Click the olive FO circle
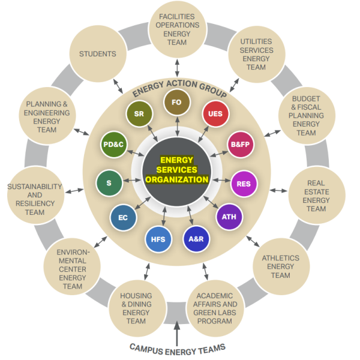click(x=177, y=103)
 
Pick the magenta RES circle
click(x=244, y=184)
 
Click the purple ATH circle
click(x=229, y=217)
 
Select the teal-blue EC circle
click(x=124, y=218)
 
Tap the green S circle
click(x=109, y=182)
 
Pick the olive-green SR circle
click(x=139, y=113)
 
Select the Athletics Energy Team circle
click(x=280, y=267)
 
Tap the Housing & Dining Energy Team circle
click(x=136, y=308)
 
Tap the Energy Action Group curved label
click(x=179, y=88)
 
